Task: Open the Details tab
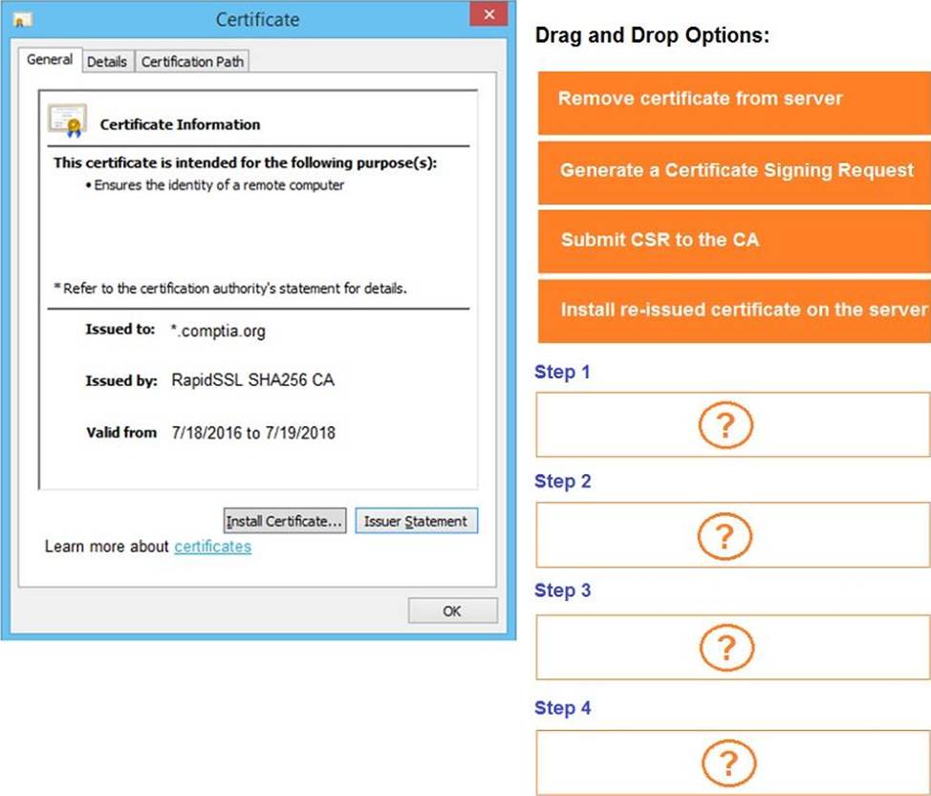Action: pos(107,62)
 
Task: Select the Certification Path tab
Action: pos(192,62)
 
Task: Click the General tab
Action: pos(50,59)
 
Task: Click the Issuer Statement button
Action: pos(416,521)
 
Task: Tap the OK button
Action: pos(452,611)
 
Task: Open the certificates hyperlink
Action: pos(212,546)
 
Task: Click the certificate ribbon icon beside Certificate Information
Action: pos(67,120)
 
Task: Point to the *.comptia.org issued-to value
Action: pos(218,331)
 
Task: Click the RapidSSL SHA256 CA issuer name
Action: pos(253,380)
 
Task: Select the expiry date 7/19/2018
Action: pos(300,433)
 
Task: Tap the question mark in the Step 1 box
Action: pos(725,425)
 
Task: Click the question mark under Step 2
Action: pos(725,536)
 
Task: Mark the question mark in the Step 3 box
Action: pos(726,647)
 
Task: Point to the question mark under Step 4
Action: pos(729,763)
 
